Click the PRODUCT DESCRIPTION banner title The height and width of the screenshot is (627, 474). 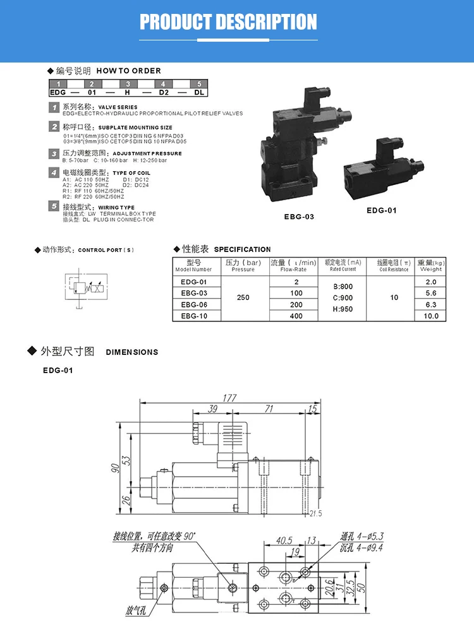click(228, 22)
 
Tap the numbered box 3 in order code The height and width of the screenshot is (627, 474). click(128, 85)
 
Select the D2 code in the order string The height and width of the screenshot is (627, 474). click(164, 92)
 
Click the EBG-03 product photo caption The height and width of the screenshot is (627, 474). click(299, 216)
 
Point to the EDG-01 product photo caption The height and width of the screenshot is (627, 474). click(381, 210)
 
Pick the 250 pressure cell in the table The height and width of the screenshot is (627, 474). click(243, 298)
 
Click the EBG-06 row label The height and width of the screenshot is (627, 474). click(194, 304)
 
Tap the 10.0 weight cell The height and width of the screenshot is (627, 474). click(431, 316)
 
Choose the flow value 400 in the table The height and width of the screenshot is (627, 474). click(296, 316)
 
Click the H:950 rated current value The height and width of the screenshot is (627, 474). click(342, 309)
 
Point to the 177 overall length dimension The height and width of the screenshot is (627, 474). click(229, 398)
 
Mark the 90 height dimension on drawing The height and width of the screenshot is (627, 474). click(114, 467)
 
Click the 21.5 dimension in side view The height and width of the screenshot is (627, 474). click(317, 513)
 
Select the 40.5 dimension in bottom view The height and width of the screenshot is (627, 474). click(284, 540)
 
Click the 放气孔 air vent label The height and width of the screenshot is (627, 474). click(138, 611)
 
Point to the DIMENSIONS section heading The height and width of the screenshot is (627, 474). click(131, 352)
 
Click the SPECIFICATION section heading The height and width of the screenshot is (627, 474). click(242, 249)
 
